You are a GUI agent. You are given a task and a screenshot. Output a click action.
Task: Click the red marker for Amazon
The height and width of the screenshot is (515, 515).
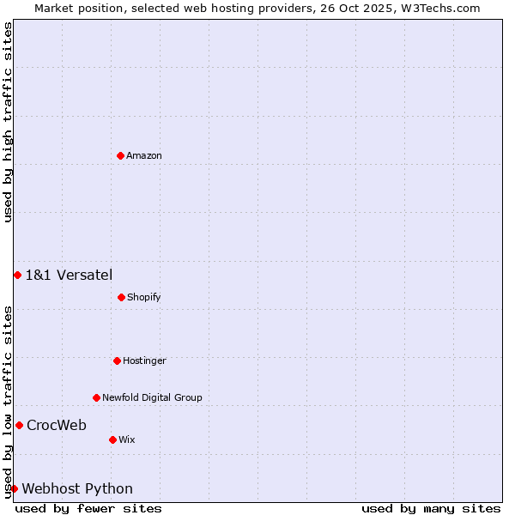coord(120,155)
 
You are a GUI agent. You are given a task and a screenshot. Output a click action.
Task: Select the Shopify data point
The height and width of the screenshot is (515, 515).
coord(121,297)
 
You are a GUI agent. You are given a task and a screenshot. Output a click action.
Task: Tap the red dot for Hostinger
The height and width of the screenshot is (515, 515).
coord(117,360)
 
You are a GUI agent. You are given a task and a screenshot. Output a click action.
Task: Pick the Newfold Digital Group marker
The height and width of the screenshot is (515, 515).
coord(96,397)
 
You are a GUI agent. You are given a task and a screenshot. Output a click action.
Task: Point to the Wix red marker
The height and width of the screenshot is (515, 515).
coord(112,439)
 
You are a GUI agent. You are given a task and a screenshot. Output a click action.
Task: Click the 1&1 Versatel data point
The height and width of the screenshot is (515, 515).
coord(17,275)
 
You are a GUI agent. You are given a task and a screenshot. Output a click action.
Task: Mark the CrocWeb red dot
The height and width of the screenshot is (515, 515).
coord(19,425)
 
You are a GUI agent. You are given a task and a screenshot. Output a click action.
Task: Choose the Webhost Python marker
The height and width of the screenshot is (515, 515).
coord(14,488)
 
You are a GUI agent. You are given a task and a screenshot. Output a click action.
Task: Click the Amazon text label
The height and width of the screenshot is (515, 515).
coord(144,155)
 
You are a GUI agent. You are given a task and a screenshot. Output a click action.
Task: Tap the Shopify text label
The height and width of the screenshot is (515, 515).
coord(144,297)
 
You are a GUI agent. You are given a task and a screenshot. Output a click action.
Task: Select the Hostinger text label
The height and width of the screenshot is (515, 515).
coord(144,360)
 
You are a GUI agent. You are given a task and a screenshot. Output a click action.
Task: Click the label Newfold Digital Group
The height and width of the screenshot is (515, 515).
coord(152,397)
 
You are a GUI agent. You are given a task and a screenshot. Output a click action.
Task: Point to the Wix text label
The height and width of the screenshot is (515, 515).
coord(127,439)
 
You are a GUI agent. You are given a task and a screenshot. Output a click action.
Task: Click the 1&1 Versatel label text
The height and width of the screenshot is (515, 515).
coord(69,275)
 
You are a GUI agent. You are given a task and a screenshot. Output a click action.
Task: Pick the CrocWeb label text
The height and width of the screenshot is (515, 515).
coord(57,425)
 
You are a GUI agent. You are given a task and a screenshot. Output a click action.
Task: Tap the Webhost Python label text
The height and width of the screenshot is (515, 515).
coord(77,488)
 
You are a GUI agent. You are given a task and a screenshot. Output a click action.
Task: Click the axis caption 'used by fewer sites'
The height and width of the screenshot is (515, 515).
coord(88,508)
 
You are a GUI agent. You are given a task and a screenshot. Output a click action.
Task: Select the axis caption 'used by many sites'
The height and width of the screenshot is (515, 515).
coord(431,508)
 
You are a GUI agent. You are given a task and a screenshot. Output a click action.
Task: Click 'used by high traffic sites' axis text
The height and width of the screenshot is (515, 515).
coord(8,122)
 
